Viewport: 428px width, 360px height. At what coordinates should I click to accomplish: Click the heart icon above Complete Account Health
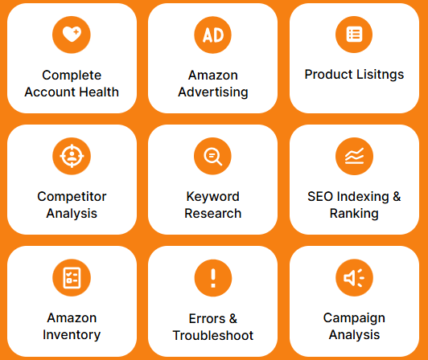pyautogui.click(x=72, y=35)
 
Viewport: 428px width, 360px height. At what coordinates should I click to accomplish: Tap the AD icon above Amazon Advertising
pyautogui.click(x=213, y=35)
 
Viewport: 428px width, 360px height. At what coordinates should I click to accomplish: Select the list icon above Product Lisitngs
pyautogui.click(x=354, y=35)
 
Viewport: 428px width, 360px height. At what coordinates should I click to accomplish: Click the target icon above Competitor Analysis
pyautogui.click(x=72, y=156)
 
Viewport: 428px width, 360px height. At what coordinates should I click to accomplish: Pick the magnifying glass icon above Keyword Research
pyautogui.click(x=213, y=156)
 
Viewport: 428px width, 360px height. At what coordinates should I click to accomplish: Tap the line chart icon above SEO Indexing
pyautogui.click(x=354, y=156)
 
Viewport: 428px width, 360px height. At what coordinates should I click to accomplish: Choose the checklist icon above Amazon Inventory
pyautogui.click(x=72, y=278)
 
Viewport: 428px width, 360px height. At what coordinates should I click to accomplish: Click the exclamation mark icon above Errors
pyautogui.click(x=213, y=278)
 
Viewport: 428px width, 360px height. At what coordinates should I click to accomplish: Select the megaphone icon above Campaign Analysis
pyautogui.click(x=354, y=278)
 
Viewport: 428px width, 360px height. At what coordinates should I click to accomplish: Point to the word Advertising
pyautogui.click(x=213, y=92)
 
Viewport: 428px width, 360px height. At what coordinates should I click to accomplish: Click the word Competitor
pyautogui.click(x=72, y=196)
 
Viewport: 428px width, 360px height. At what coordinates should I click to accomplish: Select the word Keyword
pyautogui.click(x=213, y=196)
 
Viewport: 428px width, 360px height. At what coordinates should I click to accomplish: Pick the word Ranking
pyautogui.click(x=354, y=214)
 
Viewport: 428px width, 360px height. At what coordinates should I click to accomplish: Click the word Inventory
pyautogui.click(x=72, y=334)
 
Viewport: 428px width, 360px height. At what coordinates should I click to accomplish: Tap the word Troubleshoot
pyautogui.click(x=213, y=335)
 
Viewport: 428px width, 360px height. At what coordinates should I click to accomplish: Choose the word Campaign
pyautogui.click(x=354, y=318)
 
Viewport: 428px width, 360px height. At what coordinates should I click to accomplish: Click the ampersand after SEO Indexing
pyautogui.click(x=397, y=196)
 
